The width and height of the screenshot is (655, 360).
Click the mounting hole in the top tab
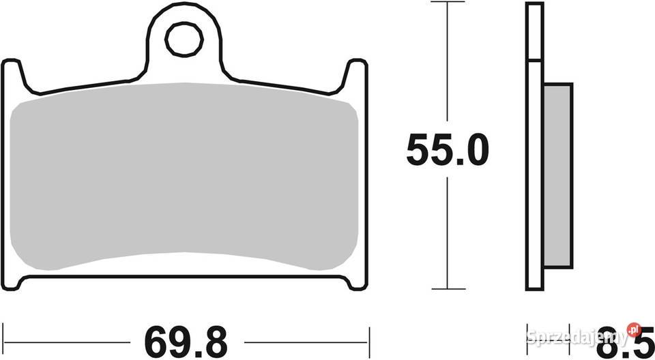(x=184, y=40)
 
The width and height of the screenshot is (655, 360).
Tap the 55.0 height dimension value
(x=448, y=149)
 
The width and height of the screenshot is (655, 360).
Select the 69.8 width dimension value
(x=186, y=342)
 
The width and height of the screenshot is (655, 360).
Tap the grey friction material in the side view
(x=557, y=175)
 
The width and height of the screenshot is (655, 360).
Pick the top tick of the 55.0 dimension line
(x=448, y=1)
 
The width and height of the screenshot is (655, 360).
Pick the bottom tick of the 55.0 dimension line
(x=448, y=288)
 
